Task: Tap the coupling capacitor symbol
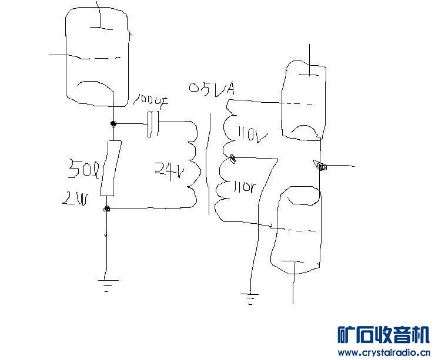point(153,124)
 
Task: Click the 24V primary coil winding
point(193,164)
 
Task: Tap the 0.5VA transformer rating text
point(212,89)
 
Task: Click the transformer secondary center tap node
point(233,157)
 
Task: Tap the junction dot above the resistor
point(113,124)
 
